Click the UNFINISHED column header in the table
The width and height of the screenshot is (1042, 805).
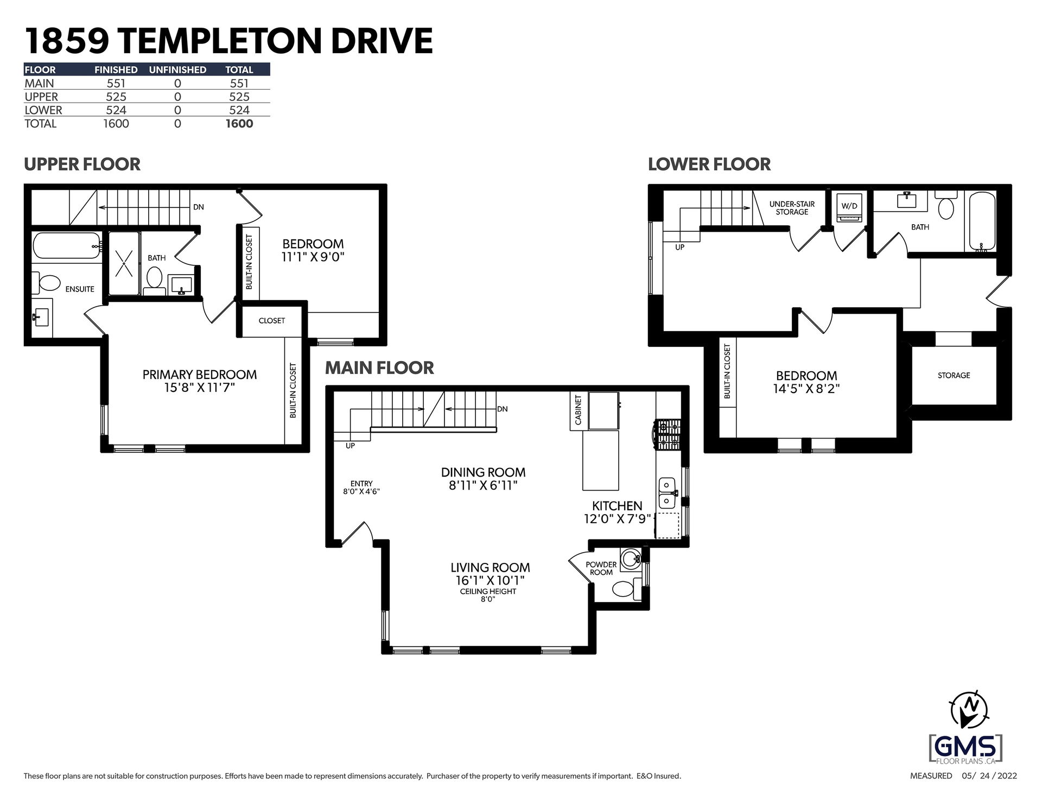coord(177,70)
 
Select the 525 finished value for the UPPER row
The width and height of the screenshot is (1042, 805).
coord(116,97)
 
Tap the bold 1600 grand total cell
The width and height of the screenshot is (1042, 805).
coord(239,123)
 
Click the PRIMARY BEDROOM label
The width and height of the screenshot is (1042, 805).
coord(200,375)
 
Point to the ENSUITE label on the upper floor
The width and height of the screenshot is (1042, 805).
coord(80,289)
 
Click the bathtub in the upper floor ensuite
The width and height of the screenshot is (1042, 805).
coord(67,246)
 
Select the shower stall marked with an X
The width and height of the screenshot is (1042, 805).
coord(124,264)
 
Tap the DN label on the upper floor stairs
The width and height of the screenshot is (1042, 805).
coord(199,207)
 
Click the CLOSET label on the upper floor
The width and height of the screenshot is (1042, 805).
coord(272,321)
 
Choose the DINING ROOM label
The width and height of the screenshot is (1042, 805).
coord(483,472)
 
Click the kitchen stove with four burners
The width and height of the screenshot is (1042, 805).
coord(668,434)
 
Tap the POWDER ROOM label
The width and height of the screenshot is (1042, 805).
coord(601,568)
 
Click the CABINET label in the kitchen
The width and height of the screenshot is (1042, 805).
coord(578,410)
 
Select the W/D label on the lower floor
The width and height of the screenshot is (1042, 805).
coord(849,206)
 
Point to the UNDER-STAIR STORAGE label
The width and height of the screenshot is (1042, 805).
coord(792,208)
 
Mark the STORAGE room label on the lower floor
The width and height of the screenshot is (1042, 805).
coord(954,376)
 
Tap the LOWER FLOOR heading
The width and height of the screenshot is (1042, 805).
coord(709,164)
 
